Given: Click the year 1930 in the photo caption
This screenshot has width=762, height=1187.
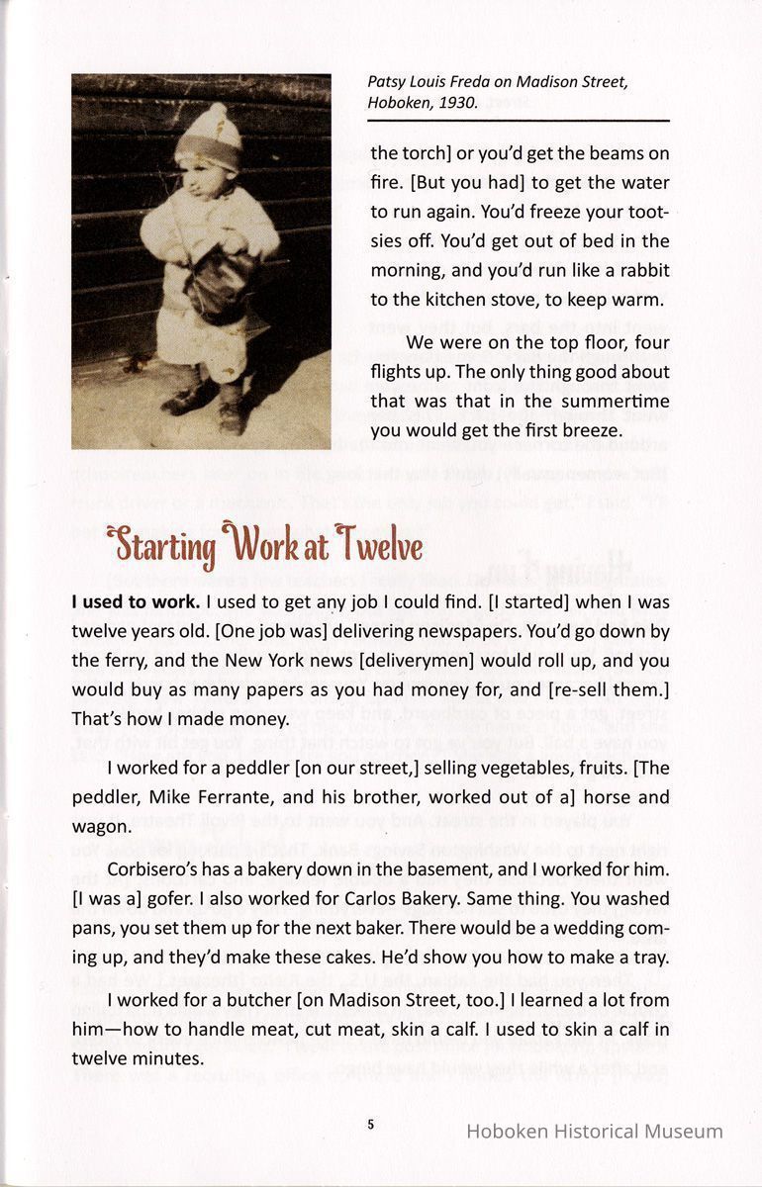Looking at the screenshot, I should tap(456, 102).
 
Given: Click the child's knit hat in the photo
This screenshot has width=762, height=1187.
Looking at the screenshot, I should tap(208, 138).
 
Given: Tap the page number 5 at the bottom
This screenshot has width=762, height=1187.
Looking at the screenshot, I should tap(370, 1124).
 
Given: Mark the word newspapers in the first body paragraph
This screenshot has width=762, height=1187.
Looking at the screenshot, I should tap(492, 631).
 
